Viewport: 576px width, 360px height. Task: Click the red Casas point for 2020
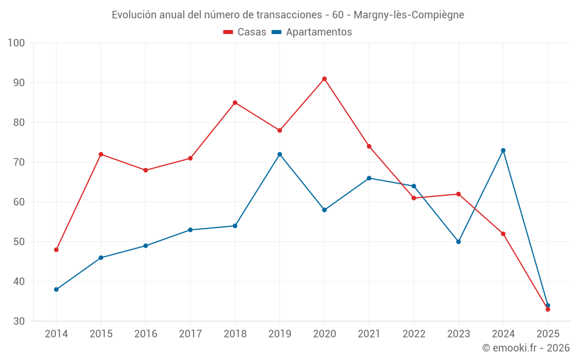(x=324, y=79)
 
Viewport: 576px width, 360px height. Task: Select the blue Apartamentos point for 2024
(x=503, y=150)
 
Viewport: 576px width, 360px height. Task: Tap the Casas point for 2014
(x=56, y=249)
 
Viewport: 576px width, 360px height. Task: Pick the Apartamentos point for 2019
(x=279, y=154)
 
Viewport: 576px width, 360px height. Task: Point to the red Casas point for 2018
(x=235, y=103)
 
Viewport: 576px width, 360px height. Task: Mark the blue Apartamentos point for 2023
(x=458, y=241)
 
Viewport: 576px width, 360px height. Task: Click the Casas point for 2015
(x=101, y=154)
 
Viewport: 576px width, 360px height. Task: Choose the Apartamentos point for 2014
(x=56, y=289)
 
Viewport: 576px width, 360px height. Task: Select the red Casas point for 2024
(x=503, y=234)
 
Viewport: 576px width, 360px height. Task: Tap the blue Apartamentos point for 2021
(x=369, y=178)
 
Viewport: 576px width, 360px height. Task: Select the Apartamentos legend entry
(x=312, y=32)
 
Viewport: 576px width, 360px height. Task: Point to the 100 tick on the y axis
(x=17, y=43)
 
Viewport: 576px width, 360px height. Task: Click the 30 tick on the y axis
(x=19, y=321)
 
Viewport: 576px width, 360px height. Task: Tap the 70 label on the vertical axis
(x=19, y=162)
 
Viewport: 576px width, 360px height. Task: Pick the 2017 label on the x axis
(x=190, y=334)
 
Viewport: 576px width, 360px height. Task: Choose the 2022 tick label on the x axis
(x=414, y=334)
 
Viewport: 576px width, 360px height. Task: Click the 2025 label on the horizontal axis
(x=548, y=334)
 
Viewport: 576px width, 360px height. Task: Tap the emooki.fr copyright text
(x=526, y=348)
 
